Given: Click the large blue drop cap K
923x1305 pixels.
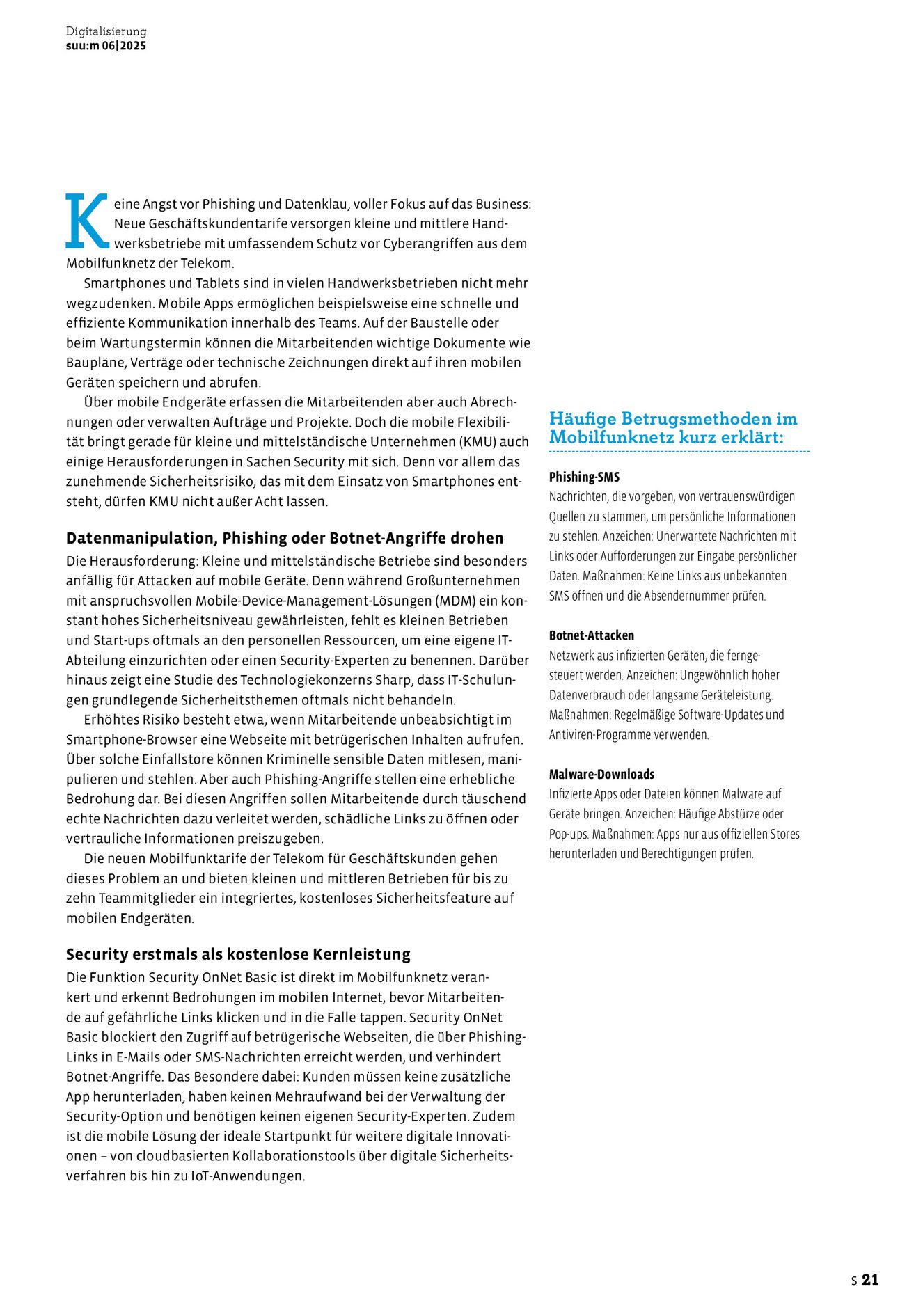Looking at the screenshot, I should click(87, 221).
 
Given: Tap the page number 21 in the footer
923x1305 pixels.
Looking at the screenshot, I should click(870, 1279).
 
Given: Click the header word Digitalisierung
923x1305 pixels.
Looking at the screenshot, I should click(106, 31).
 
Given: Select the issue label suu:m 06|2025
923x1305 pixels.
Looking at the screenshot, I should click(106, 46).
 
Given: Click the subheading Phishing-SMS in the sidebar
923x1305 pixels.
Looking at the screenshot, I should click(584, 477).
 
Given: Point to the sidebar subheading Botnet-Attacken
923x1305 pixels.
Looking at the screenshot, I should click(591, 635).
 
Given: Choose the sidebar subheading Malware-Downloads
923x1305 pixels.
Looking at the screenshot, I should click(601, 774).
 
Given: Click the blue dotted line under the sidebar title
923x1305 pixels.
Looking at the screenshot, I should click(679, 452).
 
